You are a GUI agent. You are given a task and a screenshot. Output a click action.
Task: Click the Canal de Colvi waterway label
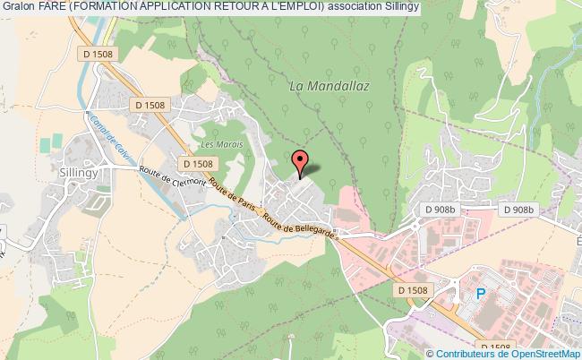[107, 134]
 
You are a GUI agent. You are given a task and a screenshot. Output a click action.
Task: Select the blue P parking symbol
[481, 293]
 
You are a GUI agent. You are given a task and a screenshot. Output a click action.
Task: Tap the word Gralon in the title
[18, 6]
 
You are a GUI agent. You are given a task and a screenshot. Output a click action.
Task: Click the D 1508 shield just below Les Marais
[197, 164]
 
